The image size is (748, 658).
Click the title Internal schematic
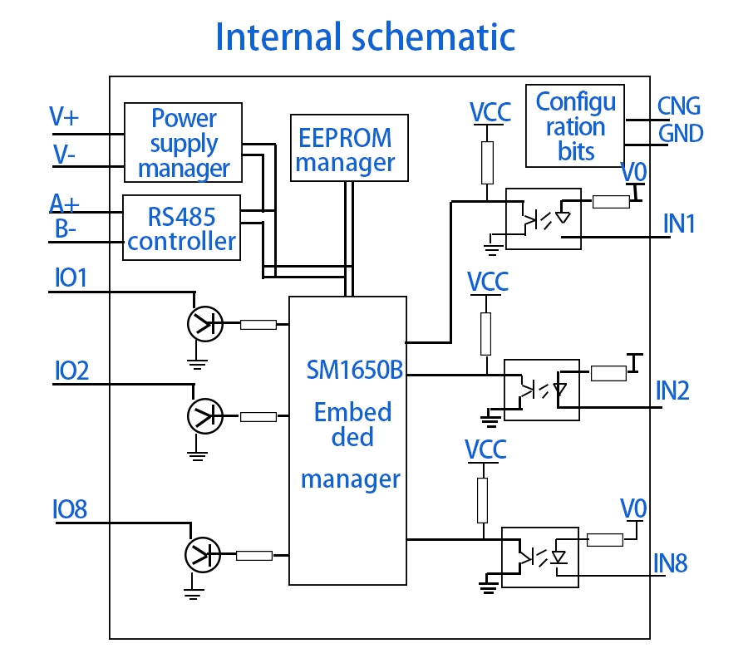365,37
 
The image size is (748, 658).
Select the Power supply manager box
184,143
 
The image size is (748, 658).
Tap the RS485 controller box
182,228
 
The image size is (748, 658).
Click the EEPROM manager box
349,149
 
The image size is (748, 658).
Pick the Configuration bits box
575,125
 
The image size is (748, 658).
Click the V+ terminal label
64,115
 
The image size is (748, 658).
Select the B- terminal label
66,228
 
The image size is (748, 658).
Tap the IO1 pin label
71,277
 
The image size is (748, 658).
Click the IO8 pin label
70,508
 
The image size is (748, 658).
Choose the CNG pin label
679,106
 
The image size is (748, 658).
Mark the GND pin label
681,133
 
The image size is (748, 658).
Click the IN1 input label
679,223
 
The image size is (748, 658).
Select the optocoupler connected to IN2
541,390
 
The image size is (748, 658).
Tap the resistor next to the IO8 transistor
254,555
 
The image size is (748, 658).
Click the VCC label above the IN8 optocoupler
486,449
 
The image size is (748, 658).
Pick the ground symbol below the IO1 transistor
197,361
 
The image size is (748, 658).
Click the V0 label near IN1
634,172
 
